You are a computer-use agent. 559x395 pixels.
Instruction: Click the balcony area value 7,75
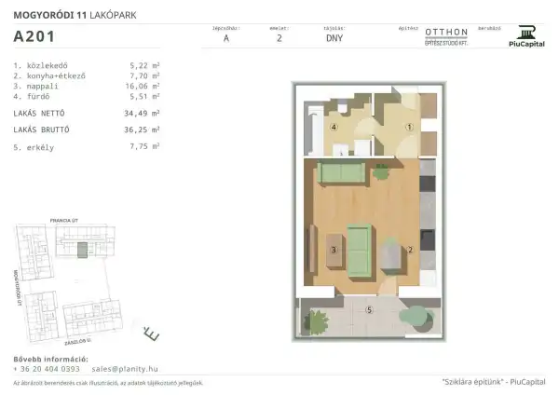coord(143,146)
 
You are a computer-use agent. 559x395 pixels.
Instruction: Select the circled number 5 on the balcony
coord(369,309)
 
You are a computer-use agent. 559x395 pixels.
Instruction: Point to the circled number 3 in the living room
coord(333,250)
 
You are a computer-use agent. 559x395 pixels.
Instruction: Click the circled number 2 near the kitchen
coord(409,250)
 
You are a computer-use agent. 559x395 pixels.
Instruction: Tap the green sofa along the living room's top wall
coord(341,171)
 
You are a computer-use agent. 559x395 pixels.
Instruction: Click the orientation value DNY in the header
coord(334,39)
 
